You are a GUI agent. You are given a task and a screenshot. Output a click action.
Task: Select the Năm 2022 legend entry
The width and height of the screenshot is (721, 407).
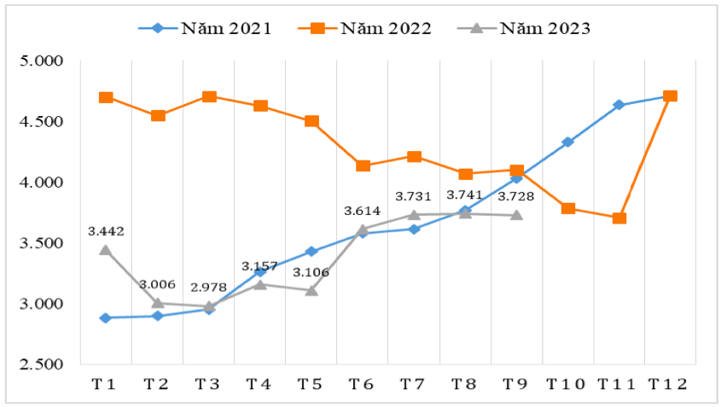[x=364, y=28]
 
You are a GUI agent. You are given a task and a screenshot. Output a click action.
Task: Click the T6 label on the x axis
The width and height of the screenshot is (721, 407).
[x=363, y=384]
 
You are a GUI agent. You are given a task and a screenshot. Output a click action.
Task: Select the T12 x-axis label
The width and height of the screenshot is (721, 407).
[x=670, y=384]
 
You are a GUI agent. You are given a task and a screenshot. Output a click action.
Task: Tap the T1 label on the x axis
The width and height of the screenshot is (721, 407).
[x=104, y=384]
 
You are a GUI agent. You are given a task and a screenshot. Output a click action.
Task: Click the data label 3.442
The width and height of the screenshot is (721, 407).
[x=106, y=230]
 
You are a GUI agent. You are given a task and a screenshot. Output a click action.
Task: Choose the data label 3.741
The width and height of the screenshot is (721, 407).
[x=464, y=195]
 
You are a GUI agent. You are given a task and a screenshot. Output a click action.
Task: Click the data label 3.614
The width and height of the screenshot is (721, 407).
[x=362, y=210]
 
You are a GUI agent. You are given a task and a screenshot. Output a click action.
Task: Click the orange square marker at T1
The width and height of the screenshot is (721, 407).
[x=106, y=97]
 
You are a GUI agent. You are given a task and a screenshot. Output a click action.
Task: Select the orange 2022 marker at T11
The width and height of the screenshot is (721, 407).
[x=619, y=218]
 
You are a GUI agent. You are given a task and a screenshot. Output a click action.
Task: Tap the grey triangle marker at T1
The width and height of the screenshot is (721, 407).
[x=106, y=249]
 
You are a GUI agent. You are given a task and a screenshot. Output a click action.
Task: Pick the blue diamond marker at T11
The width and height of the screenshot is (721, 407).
[x=619, y=105]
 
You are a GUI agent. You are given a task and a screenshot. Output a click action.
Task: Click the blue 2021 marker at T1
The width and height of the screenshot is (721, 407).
[x=106, y=317]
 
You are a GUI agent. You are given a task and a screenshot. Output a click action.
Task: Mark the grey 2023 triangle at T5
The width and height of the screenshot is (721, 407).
[x=311, y=290]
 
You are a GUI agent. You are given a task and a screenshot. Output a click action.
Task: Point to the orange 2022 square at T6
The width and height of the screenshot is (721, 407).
[x=363, y=166]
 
